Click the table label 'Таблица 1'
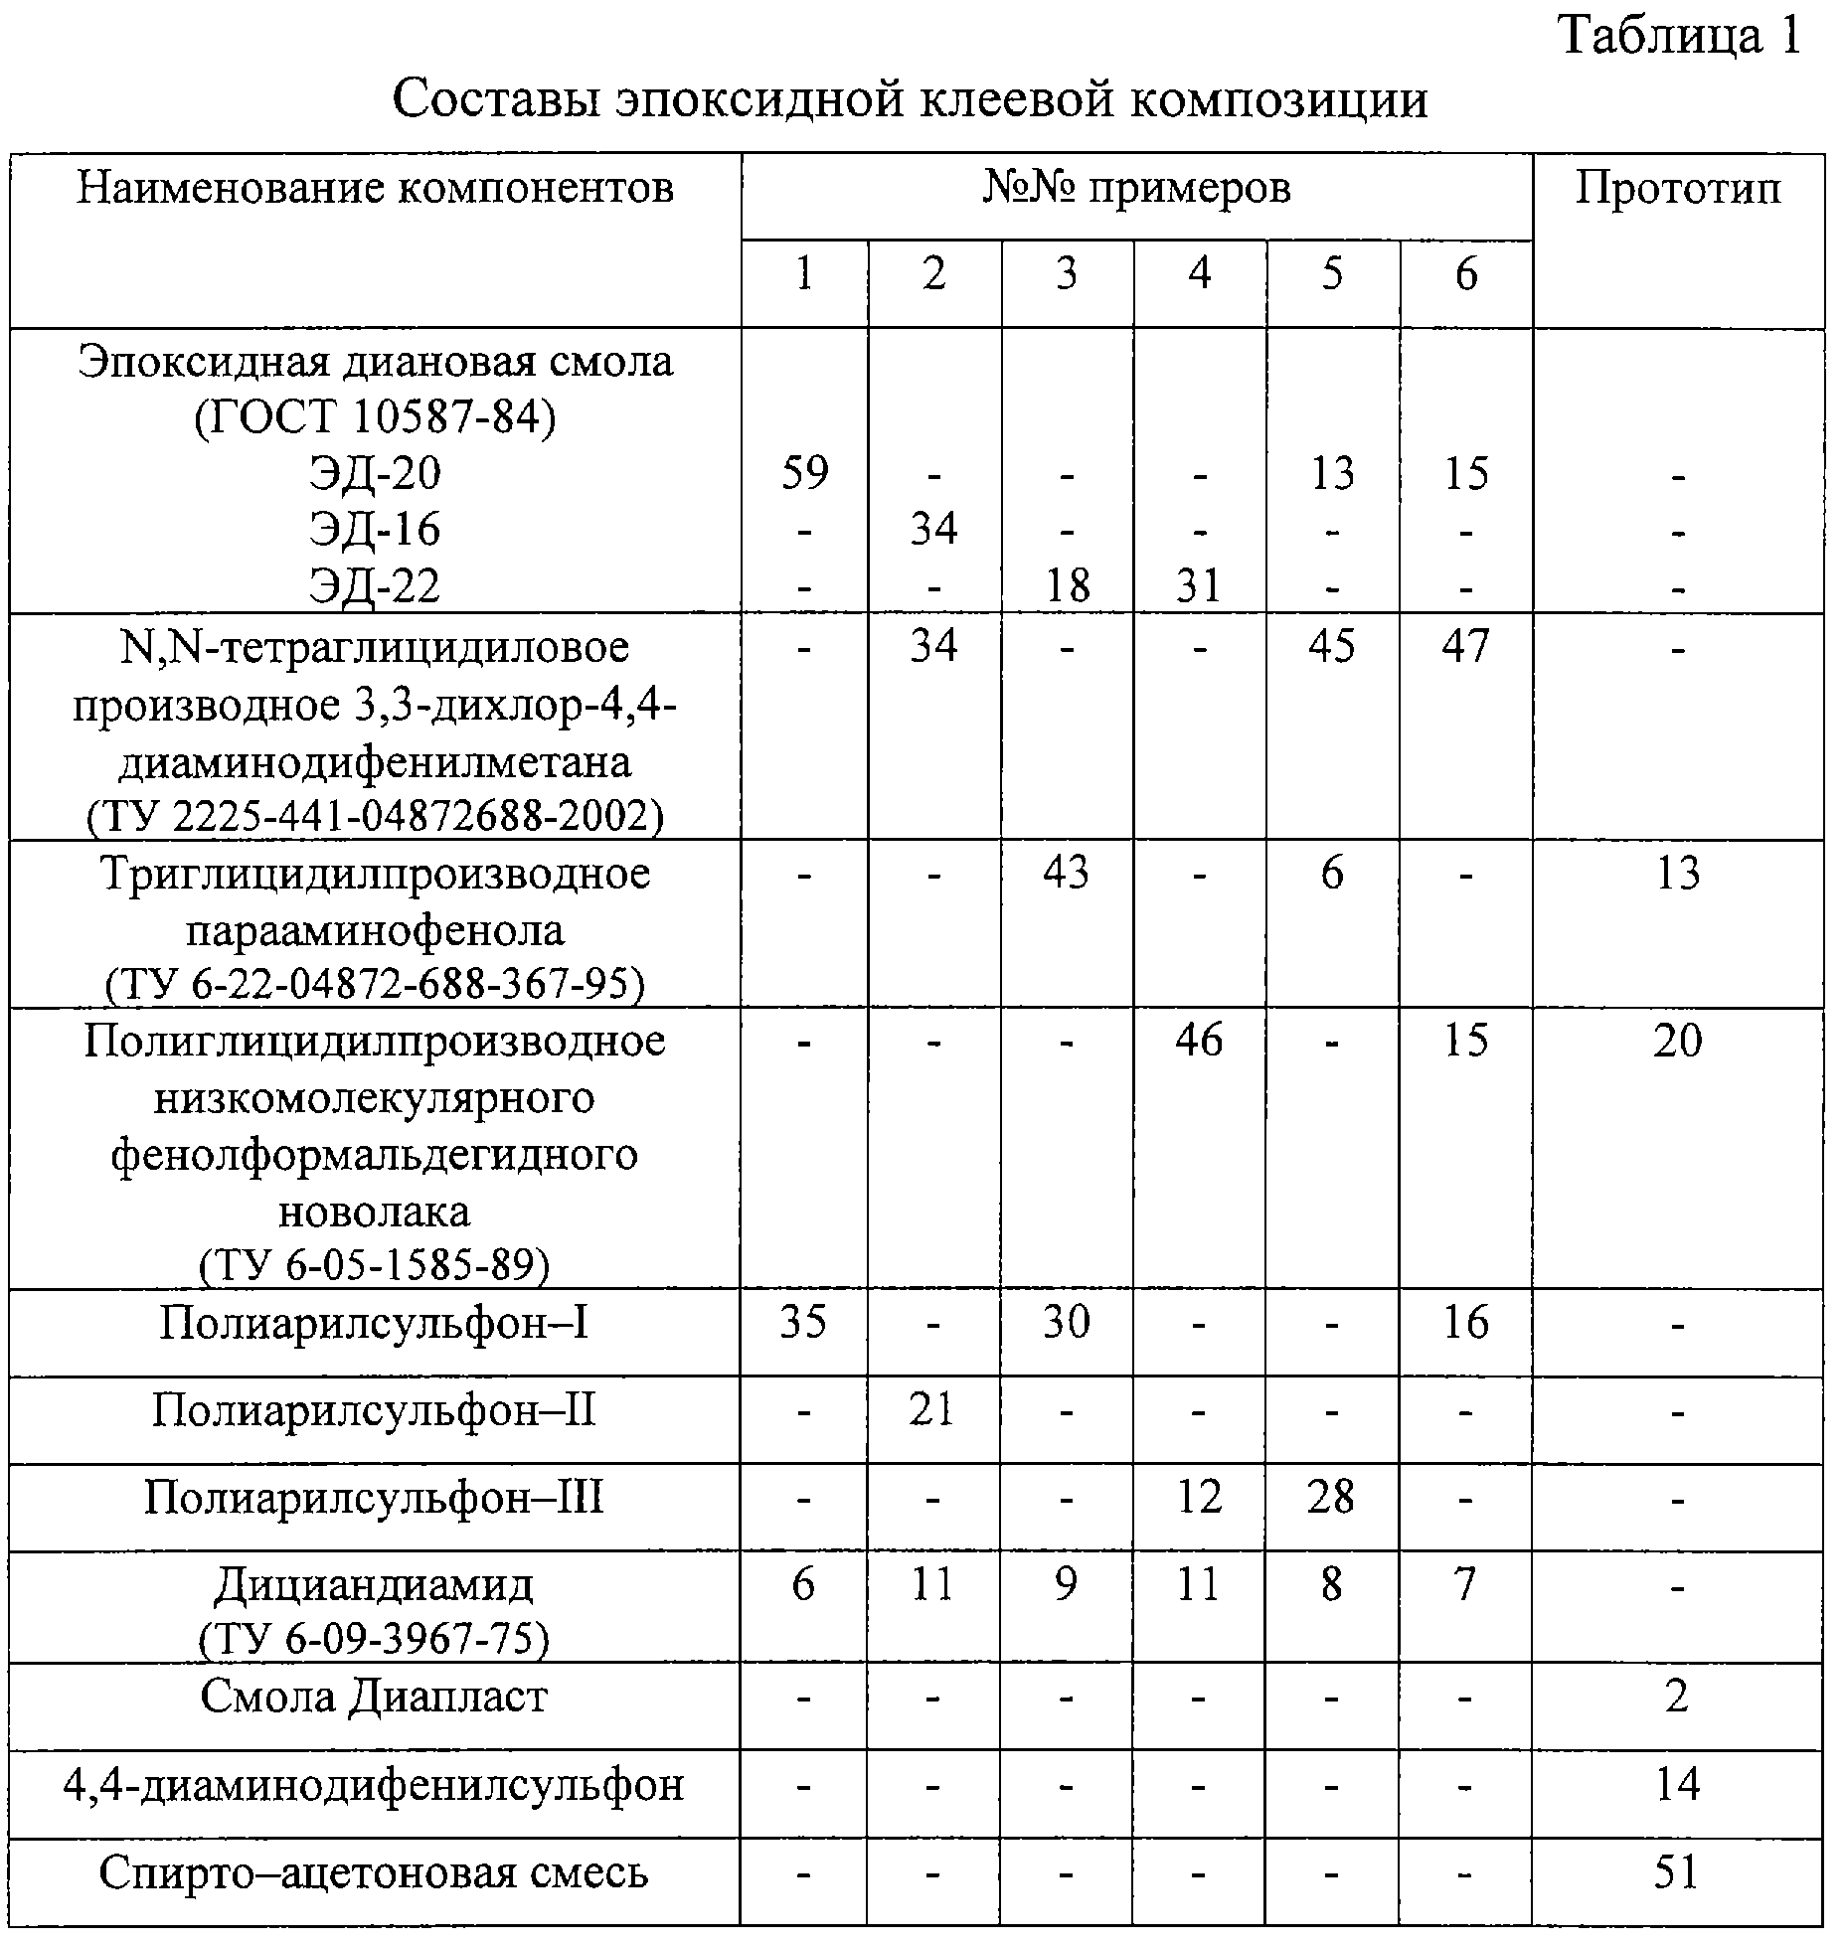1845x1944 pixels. pyautogui.click(x=1679, y=37)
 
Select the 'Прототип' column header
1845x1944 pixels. pyautogui.click(x=1678, y=188)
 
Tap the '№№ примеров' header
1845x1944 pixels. pyautogui.click(x=1136, y=187)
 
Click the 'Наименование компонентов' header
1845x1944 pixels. pyautogui.click(x=375, y=187)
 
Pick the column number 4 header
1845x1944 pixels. pyautogui.click(x=1199, y=273)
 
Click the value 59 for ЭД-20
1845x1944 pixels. pyautogui.click(x=804, y=472)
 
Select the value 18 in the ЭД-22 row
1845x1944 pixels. pyautogui.click(x=1067, y=584)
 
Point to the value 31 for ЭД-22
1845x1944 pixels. pyautogui.click(x=1198, y=584)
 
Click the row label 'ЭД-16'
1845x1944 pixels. pyautogui.click(x=375, y=529)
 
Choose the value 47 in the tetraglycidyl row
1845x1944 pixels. pyautogui.click(x=1465, y=646)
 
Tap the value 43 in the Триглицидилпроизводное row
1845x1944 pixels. pyautogui.click(x=1067, y=873)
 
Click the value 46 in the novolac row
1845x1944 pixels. pyautogui.click(x=1199, y=1040)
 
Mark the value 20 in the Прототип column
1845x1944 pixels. pyautogui.click(x=1678, y=1040)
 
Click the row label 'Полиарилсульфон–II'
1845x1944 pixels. pyautogui.click(x=374, y=1409)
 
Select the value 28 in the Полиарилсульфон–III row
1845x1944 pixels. pyautogui.click(x=1331, y=1496)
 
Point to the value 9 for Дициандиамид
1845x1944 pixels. pyautogui.click(x=1067, y=1583)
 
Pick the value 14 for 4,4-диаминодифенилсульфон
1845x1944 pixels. pyautogui.click(x=1678, y=1784)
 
